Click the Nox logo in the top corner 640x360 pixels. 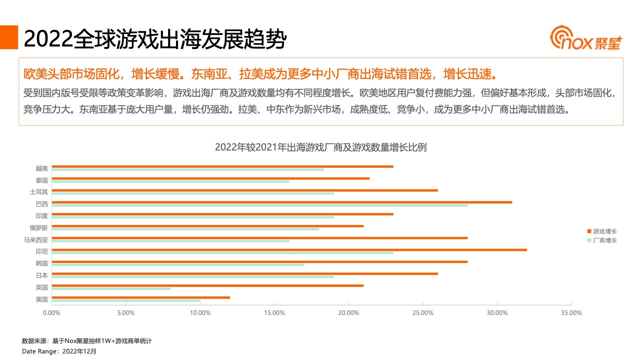(585, 39)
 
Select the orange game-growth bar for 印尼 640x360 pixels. (289, 249)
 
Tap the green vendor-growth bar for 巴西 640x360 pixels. (259, 205)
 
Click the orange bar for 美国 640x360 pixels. (140, 297)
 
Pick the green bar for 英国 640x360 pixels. (111, 288)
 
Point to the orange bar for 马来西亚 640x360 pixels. (259, 237)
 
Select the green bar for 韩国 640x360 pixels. (177, 264)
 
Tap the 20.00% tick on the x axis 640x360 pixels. (348, 313)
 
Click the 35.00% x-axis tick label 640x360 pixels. (571, 313)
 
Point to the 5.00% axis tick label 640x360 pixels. (125, 313)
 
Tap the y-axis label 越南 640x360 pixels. (41, 168)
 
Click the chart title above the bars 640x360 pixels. (320, 147)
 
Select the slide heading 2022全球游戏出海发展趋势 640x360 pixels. (154, 39)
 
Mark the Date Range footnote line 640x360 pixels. (59, 351)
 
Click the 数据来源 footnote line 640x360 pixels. (86, 341)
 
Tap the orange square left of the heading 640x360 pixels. (8, 37)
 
